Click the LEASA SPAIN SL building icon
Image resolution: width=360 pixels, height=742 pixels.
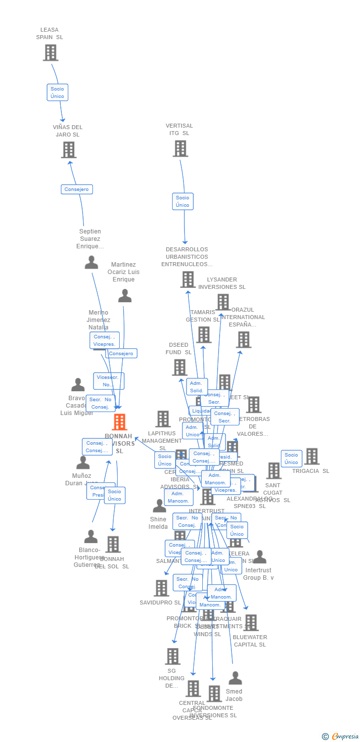click(x=50, y=52)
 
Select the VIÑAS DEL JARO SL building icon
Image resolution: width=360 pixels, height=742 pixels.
click(x=69, y=149)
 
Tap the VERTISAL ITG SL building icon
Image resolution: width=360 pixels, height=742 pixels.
click(x=180, y=148)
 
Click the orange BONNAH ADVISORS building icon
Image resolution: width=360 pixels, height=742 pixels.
click(x=119, y=422)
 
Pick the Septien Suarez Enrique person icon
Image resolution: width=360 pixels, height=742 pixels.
click(x=91, y=262)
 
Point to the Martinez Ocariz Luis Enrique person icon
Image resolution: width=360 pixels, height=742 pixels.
click(x=125, y=295)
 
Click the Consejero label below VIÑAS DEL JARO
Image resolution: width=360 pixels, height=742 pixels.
click(x=77, y=189)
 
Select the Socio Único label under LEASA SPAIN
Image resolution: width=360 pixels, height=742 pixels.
click(x=57, y=93)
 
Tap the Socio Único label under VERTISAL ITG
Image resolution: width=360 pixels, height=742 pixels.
click(x=182, y=201)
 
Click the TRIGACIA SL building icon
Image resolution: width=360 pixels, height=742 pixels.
click(x=312, y=456)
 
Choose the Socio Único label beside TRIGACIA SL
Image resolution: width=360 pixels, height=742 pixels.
click(x=291, y=459)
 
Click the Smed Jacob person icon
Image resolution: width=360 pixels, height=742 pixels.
click(x=235, y=678)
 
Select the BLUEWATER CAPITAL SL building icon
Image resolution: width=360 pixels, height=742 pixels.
click(x=251, y=623)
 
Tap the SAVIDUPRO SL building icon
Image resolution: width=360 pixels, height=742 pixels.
click(x=162, y=588)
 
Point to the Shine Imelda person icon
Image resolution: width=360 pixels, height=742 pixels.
click(x=159, y=506)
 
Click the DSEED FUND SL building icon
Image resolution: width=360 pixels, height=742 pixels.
click(x=180, y=367)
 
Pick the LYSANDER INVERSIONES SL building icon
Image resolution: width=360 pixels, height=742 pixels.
click(x=223, y=302)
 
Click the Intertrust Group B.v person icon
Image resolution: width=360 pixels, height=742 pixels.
click(x=260, y=557)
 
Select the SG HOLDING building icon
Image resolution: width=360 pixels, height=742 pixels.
click(x=173, y=656)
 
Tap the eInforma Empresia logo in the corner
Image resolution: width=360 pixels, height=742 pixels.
click(x=340, y=737)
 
